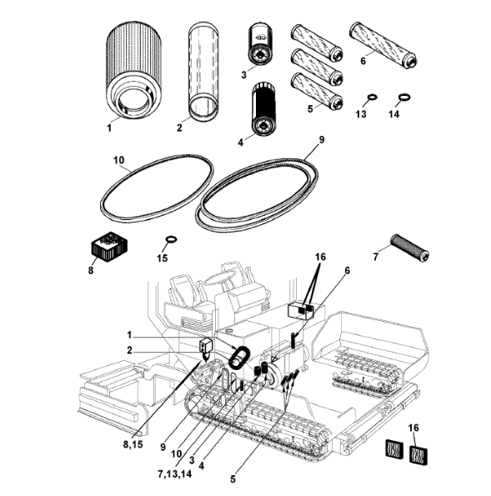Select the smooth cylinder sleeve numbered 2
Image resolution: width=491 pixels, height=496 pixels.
[x=203, y=72]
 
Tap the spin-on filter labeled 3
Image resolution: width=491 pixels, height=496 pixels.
[x=261, y=44]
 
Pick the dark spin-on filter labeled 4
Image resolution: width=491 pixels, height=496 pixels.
[x=264, y=109]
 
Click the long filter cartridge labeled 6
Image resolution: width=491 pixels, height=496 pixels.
[x=383, y=44]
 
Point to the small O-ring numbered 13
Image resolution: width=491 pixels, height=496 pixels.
[x=373, y=96]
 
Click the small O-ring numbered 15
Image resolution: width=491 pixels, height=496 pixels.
[x=172, y=239]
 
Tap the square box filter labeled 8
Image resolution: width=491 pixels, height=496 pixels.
[x=109, y=247]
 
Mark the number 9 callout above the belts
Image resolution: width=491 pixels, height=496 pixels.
[x=322, y=139]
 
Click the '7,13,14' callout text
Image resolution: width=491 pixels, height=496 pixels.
[x=174, y=473]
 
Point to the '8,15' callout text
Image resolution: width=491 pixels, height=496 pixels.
[x=133, y=444]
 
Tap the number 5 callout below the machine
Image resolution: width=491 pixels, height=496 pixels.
[x=233, y=479]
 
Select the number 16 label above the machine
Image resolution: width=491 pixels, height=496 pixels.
[x=320, y=257]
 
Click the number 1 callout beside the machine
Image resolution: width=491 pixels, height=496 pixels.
[x=129, y=335]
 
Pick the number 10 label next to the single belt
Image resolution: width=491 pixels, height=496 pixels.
[x=119, y=160]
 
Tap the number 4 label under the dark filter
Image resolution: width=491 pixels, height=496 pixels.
[x=241, y=143]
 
